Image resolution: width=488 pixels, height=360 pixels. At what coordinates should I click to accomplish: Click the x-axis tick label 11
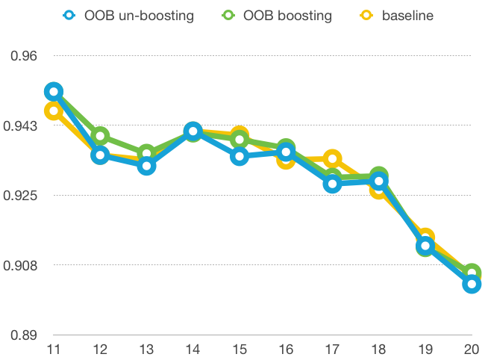point(53,350)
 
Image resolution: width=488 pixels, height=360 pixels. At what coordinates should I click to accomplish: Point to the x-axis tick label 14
point(193,350)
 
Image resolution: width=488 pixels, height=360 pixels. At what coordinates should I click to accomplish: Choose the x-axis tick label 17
point(332,350)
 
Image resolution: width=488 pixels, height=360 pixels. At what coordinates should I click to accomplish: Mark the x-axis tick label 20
point(472,350)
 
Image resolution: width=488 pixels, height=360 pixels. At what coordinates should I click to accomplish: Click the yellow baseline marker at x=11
point(53,111)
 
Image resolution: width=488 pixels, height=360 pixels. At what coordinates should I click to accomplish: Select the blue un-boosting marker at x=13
point(146,165)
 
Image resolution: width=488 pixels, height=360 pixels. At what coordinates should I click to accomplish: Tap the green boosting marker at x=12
point(100,136)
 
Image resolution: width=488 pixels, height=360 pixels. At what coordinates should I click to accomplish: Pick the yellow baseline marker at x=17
point(332,158)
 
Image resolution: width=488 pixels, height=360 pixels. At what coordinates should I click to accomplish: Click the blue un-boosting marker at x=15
point(239,155)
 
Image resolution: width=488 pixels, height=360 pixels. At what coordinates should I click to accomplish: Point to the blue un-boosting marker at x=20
point(472,284)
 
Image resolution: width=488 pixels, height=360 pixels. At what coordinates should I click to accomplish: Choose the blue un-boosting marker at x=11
point(53,92)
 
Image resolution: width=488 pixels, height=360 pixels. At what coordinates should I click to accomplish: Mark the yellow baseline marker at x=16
point(286,158)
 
